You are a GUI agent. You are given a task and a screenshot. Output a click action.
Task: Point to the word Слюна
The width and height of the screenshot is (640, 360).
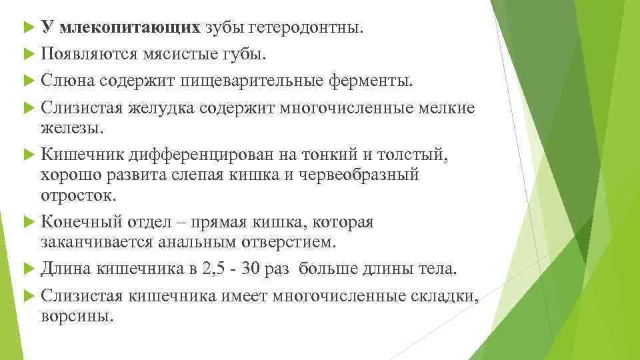[67, 81]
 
